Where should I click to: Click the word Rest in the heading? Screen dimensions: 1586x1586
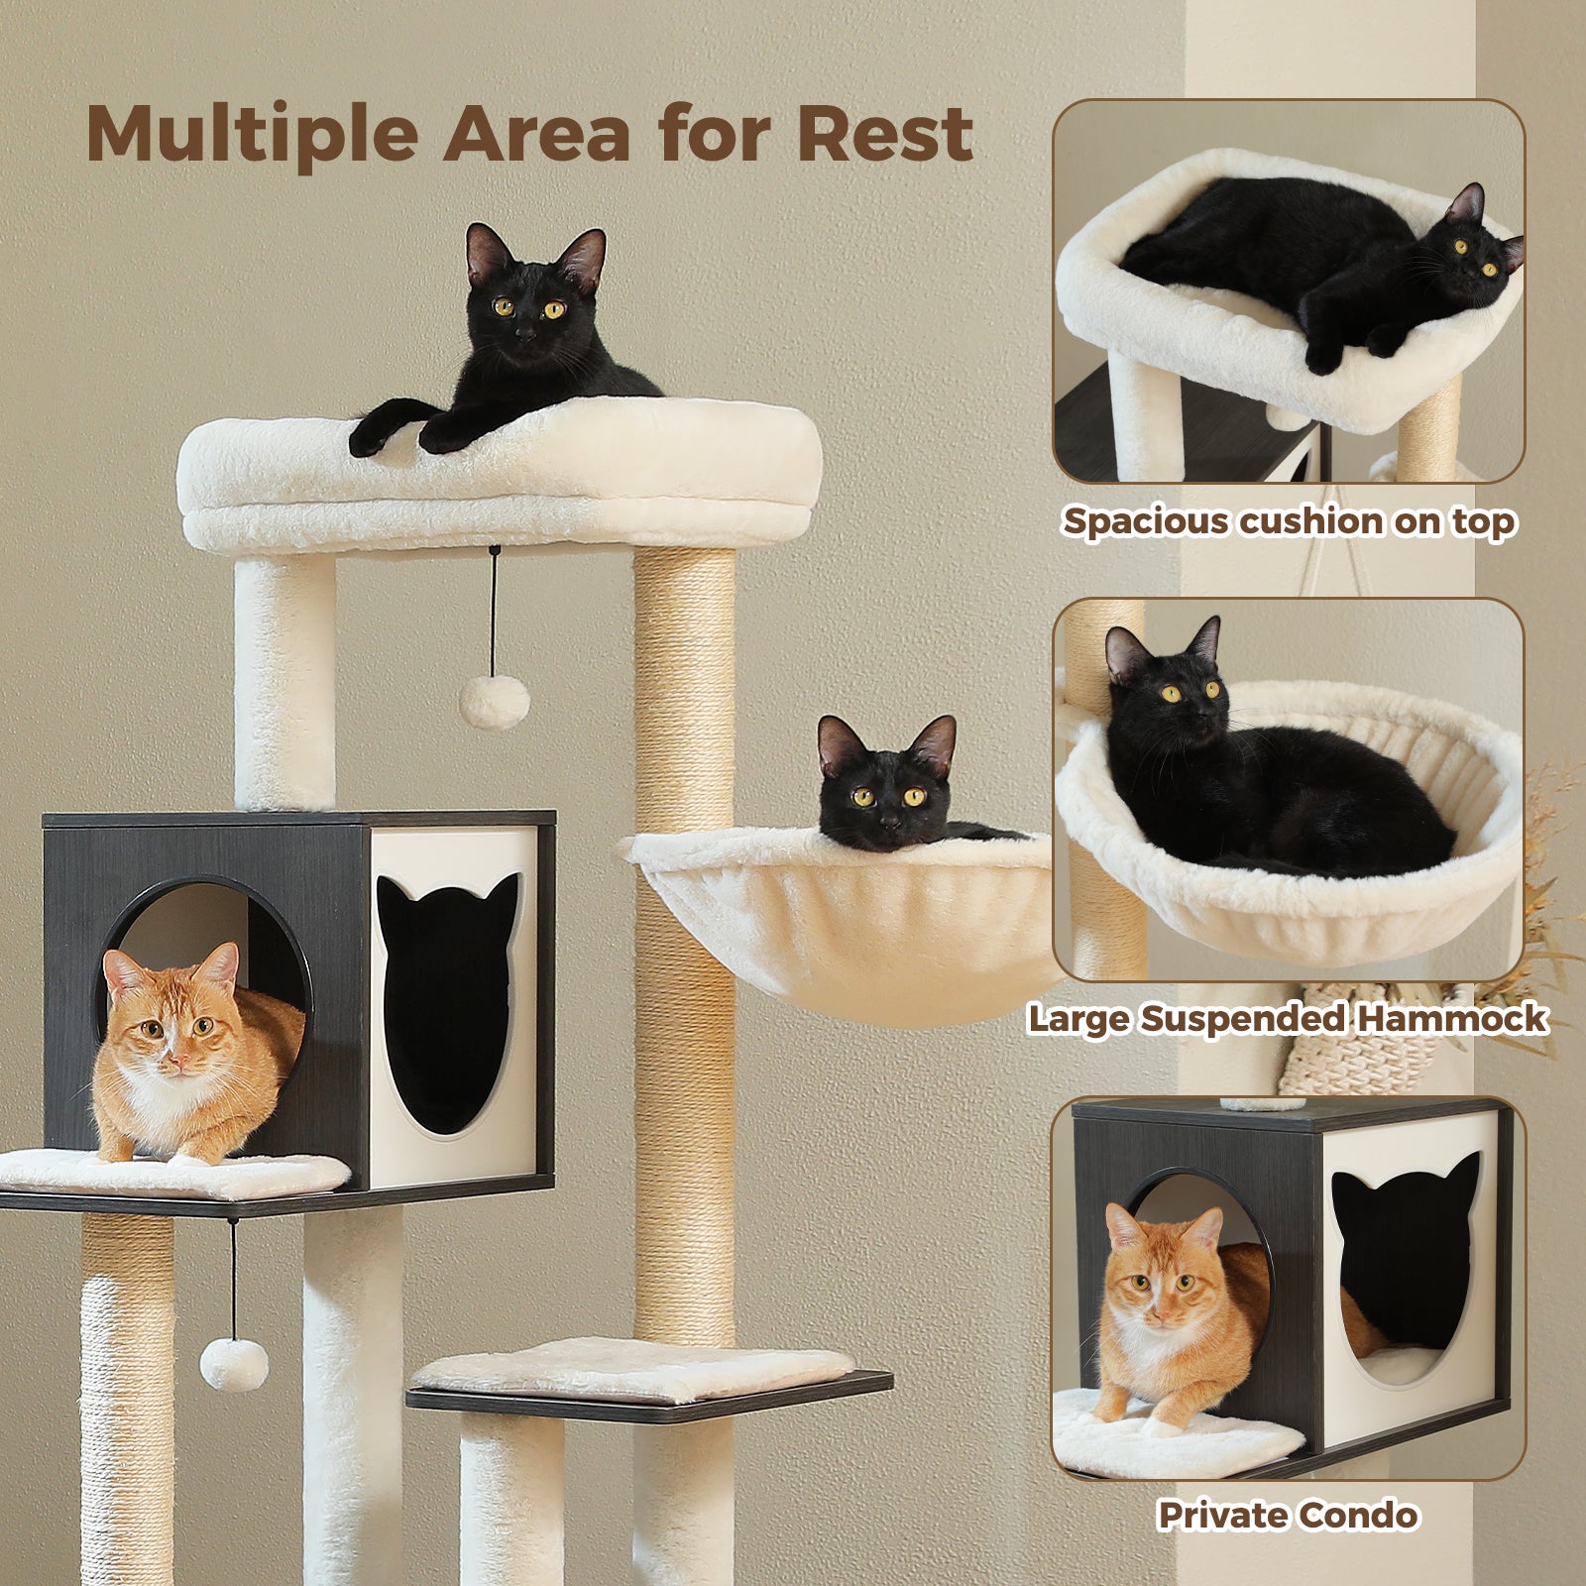point(884,133)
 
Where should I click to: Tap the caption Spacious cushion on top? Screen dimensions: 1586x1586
point(1288,521)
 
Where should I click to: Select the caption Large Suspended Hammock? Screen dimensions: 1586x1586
point(1287,1019)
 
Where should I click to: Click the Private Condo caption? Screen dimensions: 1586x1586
point(1288,1515)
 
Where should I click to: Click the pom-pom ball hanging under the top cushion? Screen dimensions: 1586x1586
point(494,701)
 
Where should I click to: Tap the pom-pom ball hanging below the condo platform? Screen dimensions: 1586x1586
point(234,1364)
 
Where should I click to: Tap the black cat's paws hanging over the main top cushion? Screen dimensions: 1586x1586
point(406,434)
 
